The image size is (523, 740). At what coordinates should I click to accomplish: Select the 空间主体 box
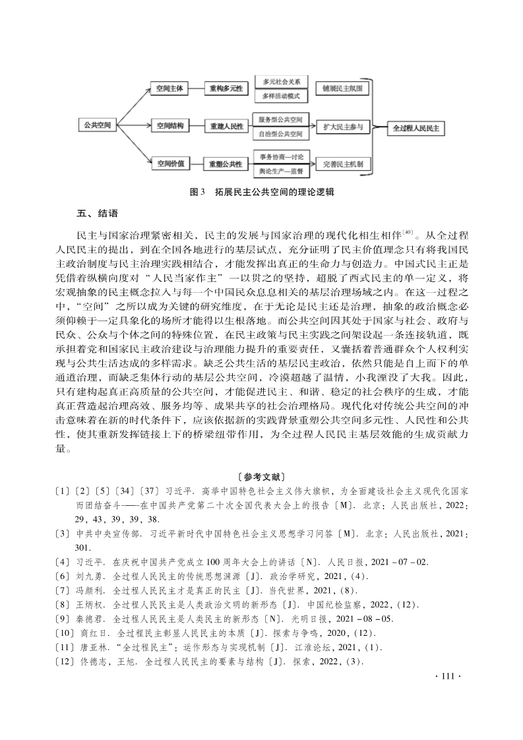pos(169,88)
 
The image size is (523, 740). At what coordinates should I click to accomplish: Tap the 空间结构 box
pos(169,125)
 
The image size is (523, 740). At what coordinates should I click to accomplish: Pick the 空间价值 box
pos(169,162)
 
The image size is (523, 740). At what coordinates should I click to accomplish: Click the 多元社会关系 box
pos(281,81)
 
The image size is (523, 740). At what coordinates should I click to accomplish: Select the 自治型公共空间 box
pos(281,134)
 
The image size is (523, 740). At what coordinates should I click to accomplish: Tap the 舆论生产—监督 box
pos(281,171)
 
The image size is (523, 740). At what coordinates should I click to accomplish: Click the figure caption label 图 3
pos(198,192)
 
